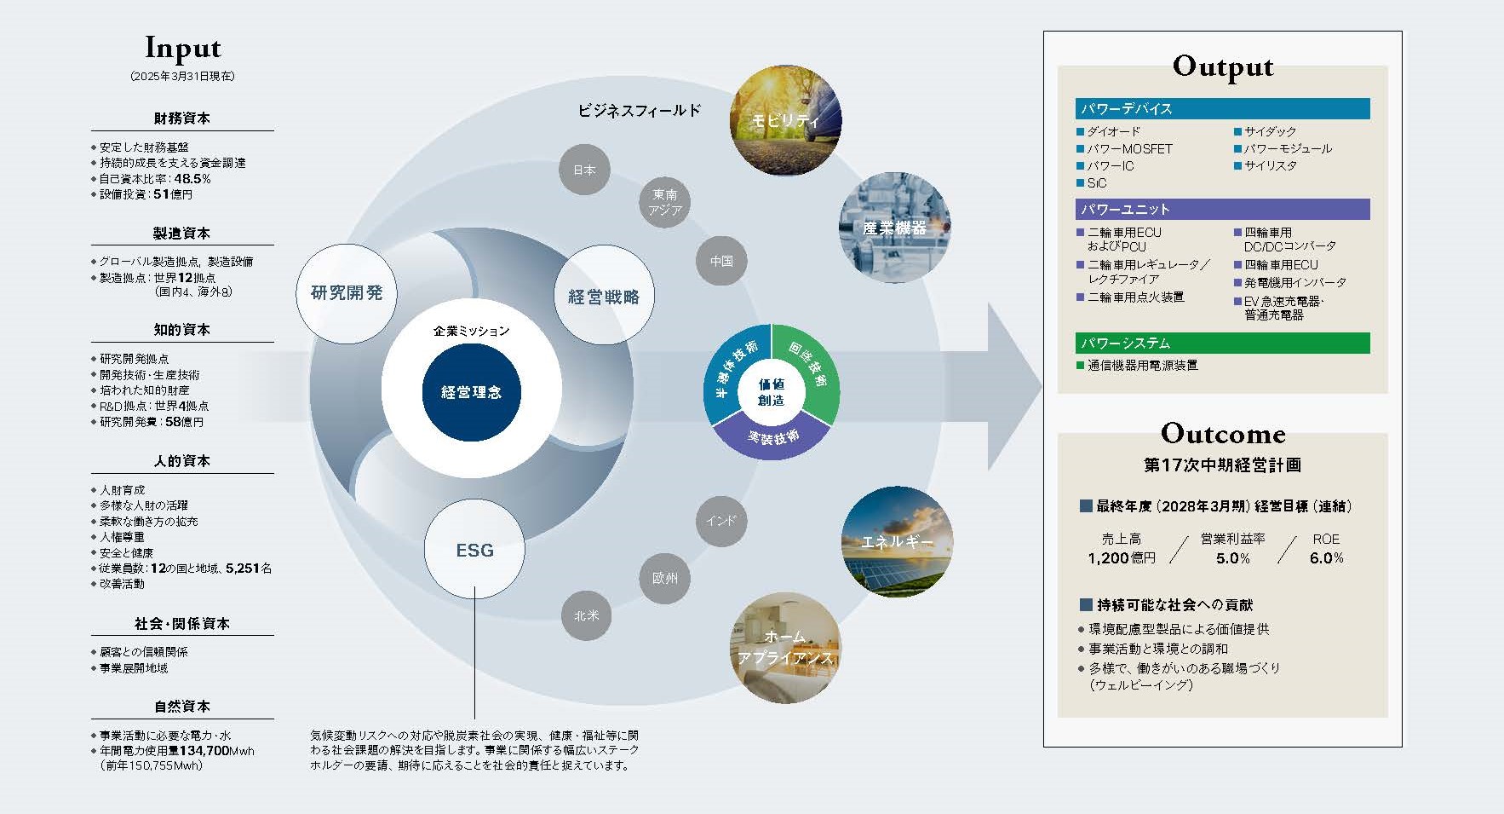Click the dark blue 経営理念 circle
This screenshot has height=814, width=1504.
coord(471,392)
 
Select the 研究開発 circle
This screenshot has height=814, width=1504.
coord(347,293)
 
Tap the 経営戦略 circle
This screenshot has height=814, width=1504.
coord(604,297)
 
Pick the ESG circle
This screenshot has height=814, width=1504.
coord(474,551)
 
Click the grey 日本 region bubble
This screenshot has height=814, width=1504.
coord(584,170)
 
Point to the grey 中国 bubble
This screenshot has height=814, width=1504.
coord(721,261)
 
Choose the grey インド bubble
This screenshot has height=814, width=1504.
coord(721,521)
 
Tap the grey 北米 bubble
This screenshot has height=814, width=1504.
coord(586,615)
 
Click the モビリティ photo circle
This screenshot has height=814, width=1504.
coord(785,119)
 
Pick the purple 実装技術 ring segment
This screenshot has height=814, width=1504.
coord(773,437)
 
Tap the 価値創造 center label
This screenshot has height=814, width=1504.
coord(772,392)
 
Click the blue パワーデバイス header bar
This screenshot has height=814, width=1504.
coord(1222,109)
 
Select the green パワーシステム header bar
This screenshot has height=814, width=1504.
coord(1222,343)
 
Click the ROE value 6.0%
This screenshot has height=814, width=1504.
coord(1326,558)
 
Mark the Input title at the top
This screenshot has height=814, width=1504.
coord(182,48)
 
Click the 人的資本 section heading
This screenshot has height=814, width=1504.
coord(181,461)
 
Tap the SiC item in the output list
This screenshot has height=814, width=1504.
coord(1096,183)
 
